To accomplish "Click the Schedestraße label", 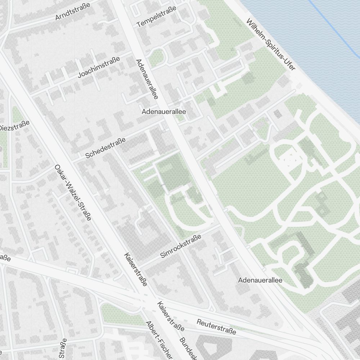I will pos(105,148).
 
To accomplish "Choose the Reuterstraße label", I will pos(216,326).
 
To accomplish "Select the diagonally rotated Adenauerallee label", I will pos(147,79).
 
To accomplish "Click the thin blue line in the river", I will pos(335,29).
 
